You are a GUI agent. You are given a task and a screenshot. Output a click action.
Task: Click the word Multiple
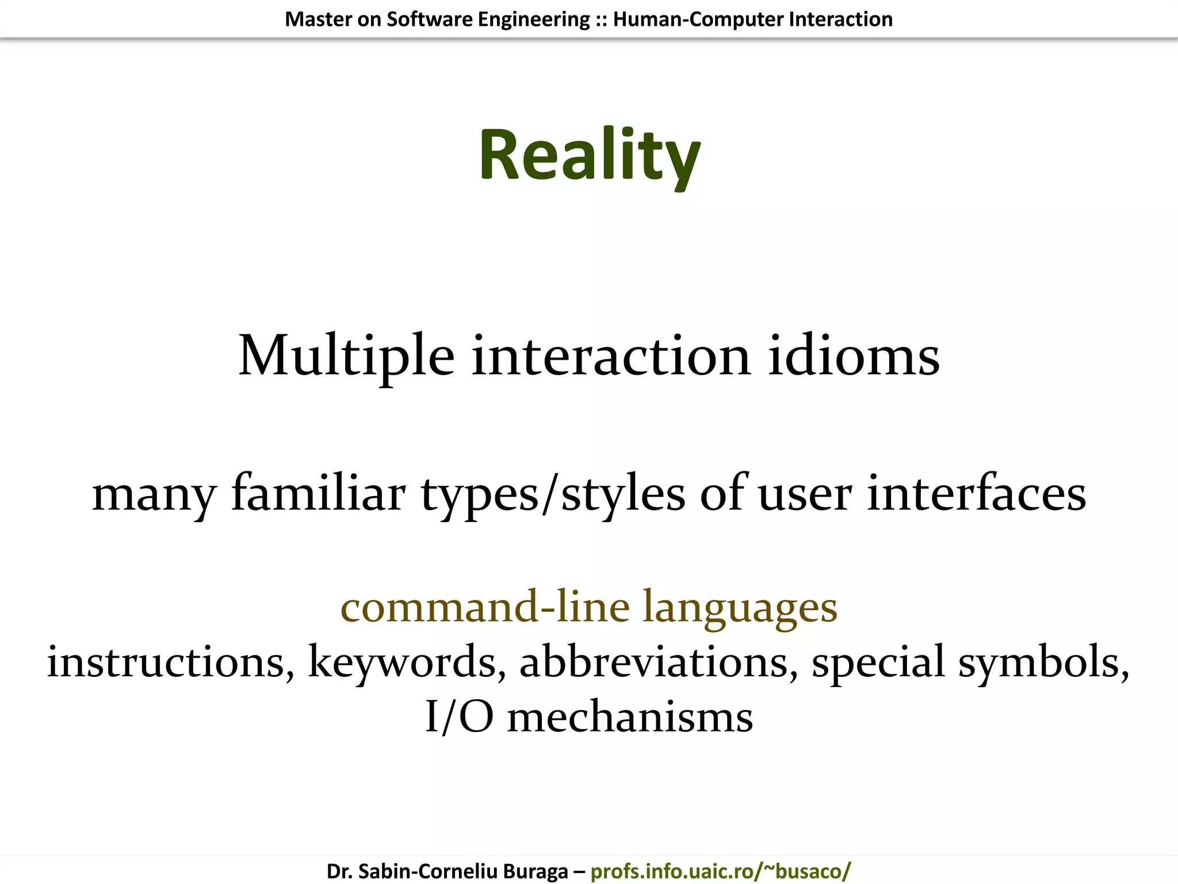pos(346,357)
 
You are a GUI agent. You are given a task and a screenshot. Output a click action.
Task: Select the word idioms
pos(854,357)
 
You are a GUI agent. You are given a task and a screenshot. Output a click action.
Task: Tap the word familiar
pos(318,494)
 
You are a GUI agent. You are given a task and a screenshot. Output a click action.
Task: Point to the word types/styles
pos(553,494)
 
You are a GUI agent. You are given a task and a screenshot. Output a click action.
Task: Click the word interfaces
pos(976,494)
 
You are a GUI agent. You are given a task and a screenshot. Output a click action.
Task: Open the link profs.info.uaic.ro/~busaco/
pos(721,871)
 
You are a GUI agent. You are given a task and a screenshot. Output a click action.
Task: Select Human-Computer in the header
pos(698,20)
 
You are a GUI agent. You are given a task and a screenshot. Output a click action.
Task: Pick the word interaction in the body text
pos(611,357)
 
